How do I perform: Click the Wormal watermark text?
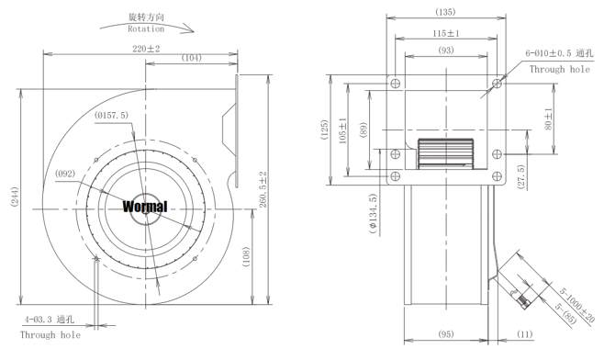coord(145,207)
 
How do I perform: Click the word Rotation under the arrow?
coord(146,28)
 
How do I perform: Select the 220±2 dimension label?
coord(146,49)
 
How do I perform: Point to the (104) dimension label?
coord(192,58)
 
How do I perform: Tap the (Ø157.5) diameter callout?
coord(111,115)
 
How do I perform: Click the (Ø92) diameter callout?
coord(64,174)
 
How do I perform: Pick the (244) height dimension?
coord(15,197)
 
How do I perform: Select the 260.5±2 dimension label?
coord(263,189)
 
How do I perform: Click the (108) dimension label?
coord(246,257)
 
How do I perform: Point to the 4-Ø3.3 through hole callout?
coord(50,320)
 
